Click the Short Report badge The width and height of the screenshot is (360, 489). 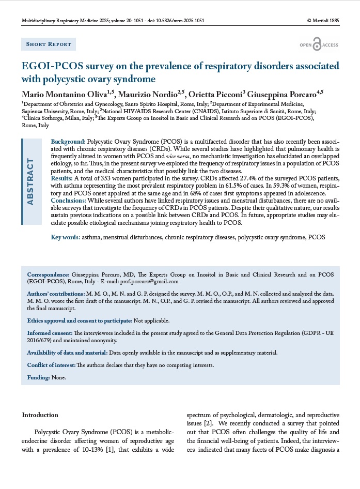[x=49, y=44]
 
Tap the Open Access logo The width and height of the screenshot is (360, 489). [x=319, y=45]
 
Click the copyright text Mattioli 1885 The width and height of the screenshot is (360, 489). [x=323, y=21]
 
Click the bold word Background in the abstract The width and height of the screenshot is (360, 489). [x=68, y=141]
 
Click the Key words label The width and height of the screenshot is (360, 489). [x=65, y=237]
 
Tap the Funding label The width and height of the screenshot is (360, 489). [x=38, y=377]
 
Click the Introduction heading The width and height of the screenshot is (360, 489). [x=41, y=415]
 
